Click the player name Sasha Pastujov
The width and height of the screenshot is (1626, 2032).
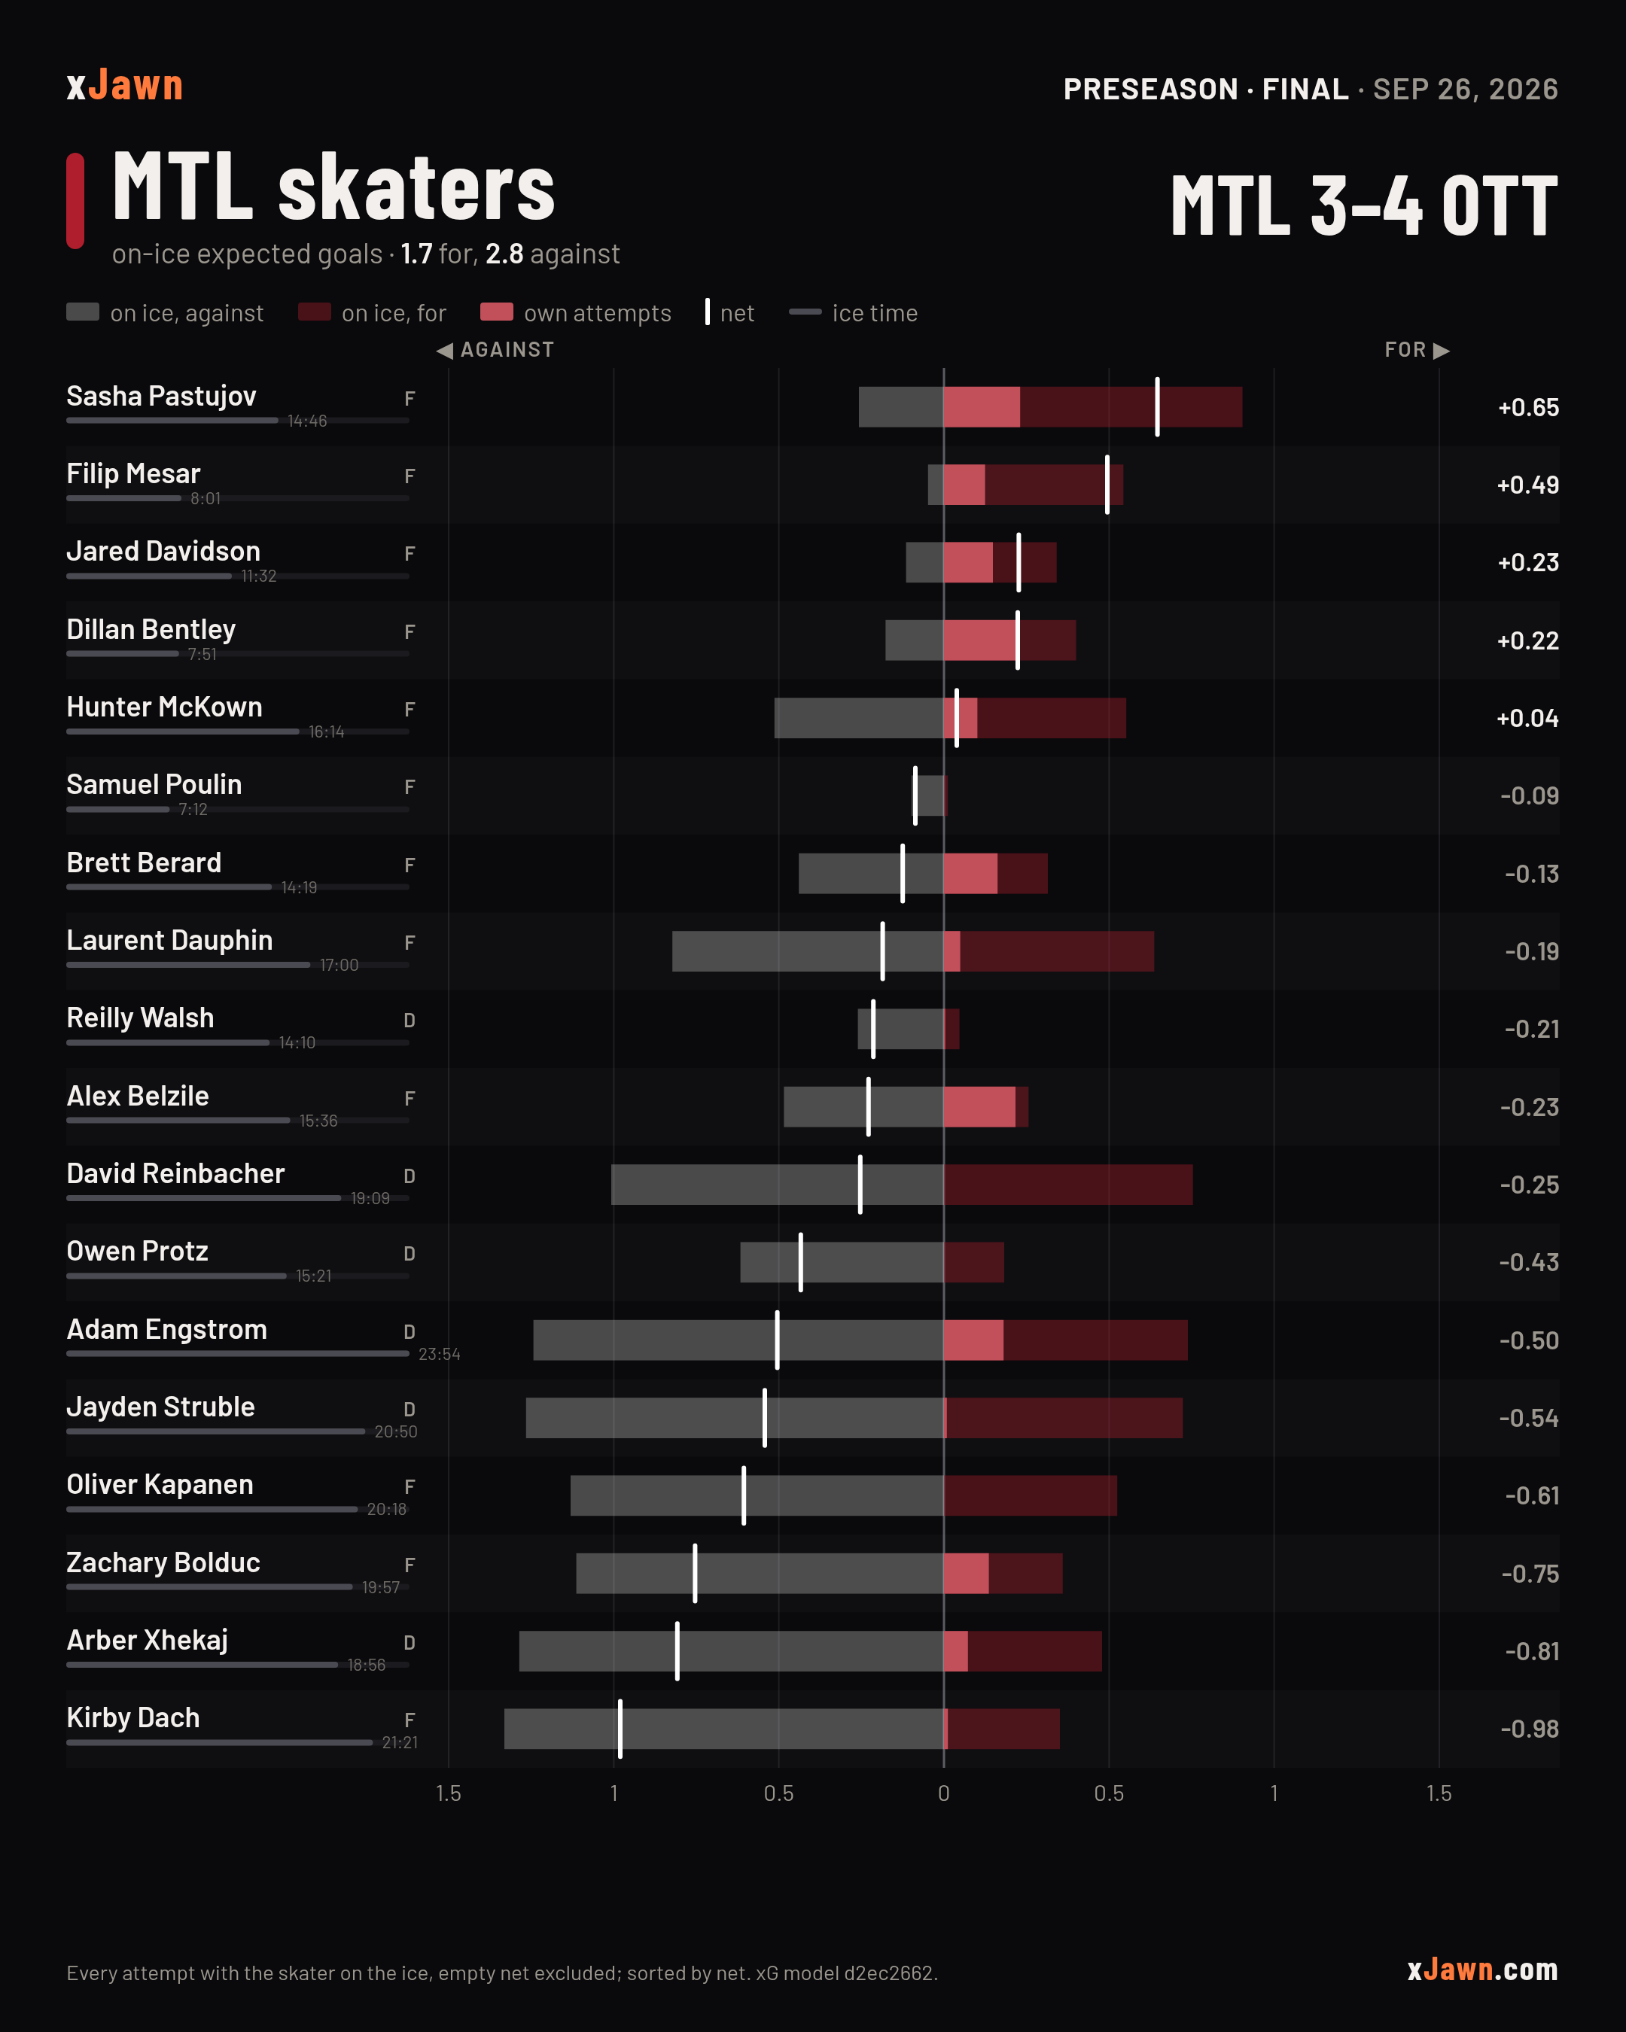pyautogui.click(x=161, y=396)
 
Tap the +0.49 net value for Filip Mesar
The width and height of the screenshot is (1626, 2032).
pyautogui.click(x=1527, y=485)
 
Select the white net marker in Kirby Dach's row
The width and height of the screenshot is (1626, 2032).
pyautogui.click(x=620, y=1729)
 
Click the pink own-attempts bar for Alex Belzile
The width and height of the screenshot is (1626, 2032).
pyautogui.click(x=979, y=1106)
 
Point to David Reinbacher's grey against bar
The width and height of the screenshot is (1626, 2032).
pyautogui.click(x=778, y=1185)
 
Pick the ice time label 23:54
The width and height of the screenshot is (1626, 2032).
pyautogui.click(x=440, y=1355)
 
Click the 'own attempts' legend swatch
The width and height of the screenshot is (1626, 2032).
pyautogui.click(x=497, y=312)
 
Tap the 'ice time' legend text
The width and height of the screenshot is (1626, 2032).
pyautogui.click(x=875, y=313)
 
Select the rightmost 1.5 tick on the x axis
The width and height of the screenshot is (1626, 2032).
pyautogui.click(x=1439, y=1793)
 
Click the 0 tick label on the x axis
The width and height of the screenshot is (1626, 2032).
pyautogui.click(x=943, y=1793)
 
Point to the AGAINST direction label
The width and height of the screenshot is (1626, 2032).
pyautogui.click(x=496, y=350)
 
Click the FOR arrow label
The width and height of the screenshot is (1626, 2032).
pyautogui.click(x=1417, y=350)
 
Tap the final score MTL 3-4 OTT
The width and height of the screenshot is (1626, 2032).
pyautogui.click(x=1364, y=205)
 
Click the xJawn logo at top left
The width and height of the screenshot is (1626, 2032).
pyautogui.click(x=124, y=86)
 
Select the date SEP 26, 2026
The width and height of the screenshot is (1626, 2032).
pyautogui.click(x=1465, y=90)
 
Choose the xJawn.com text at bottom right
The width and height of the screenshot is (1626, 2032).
pyautogui.click(x=1483, y=1969)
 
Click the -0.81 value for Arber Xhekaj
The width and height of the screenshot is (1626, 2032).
pyautogui.click(x=1532, y=1651)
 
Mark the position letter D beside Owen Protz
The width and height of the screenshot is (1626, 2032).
pyautogui.click(x=409, y=1254)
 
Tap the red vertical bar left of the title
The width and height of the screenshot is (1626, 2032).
pyautogui.click(x=75, y=201)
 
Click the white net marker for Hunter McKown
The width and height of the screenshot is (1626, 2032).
pyautogui.click(x=957, y=718)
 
